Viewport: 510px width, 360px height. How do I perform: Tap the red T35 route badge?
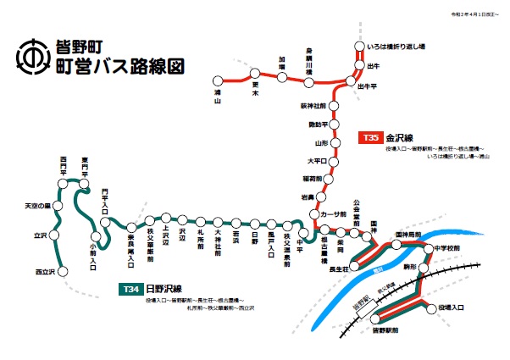tap(369, 137)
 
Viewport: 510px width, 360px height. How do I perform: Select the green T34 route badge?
tap(130, 290)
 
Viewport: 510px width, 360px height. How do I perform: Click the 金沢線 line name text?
tap(399, 137)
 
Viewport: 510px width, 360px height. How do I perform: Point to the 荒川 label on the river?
tap(372, 269)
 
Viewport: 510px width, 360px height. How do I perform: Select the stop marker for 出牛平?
tap(349, 83)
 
